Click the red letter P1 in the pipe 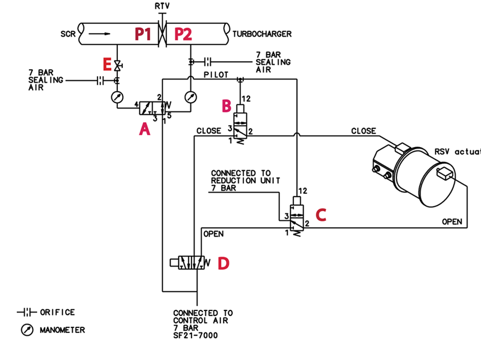pos(143,34)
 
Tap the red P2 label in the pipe pos(183,34)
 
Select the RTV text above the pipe pos(162,6)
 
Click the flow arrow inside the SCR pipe pos(99,34)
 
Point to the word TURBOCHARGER pos(262,34)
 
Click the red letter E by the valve pos(107,65)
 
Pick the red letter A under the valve pos(145,129)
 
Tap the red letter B pos(226,106)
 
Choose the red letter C pos(321,215)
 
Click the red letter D pos(223,263)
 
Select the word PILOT pos(216,74)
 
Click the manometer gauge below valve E pos(117,97)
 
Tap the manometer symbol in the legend pos(27,330)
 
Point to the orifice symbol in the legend pos(27,313)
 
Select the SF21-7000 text pos(195,335)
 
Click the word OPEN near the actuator pos(452,221)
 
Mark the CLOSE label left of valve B pos(208,131)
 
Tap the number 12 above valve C pos(302,191)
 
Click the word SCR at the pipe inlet pos(68,34)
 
